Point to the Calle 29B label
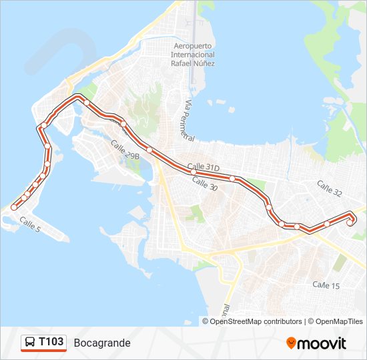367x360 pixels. pyautogui.click(x=125, y=150)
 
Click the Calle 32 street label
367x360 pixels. pyautogui.click(x=329, y=188)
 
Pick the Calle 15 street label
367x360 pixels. pyautogui.click(x=326, y=285)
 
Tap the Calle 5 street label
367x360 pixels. pyautogui.click(x=30, y=224)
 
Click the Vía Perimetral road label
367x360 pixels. pyautogui.click(x=186, y=120)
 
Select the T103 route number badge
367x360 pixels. pyautogui.click(x=51, y=343)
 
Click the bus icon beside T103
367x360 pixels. pyautogui.click(x=30, y=343)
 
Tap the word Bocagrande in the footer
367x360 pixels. pyautogui.click(x=102, y=343)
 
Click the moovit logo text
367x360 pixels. pyautogui.click(x=322, y=343)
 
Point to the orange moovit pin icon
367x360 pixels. pyautogui.click(x=291, y=343)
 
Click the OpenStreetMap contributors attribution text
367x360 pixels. pyautogui.click(x=256, y=321)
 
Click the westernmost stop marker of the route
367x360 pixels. pyautogui.click(x=14, y=207)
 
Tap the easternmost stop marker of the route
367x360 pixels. pyautogui.click(x=350, y=223)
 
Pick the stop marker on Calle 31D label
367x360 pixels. pyautogui.click(x=193, y=171)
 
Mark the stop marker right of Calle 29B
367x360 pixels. pyautogui.click(x=149, y=150)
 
